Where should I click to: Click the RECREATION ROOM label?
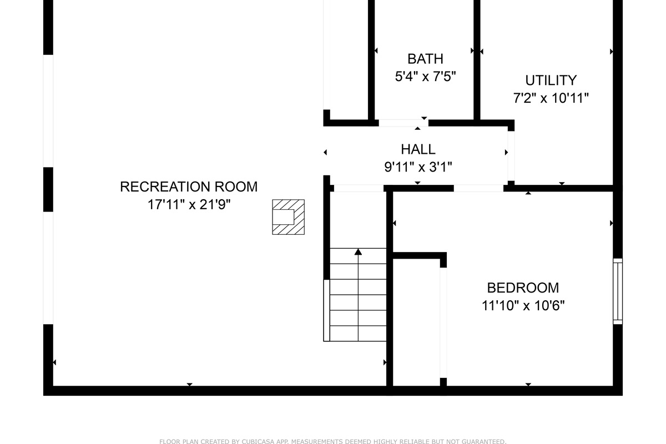189,187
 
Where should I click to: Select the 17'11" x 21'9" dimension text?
189,205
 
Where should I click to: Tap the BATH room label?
425,59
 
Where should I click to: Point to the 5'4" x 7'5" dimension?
425,77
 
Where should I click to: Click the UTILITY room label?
551,80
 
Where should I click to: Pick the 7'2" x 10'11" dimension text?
551,98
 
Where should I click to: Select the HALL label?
418,149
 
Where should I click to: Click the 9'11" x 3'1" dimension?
418,167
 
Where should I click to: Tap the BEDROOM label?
523,288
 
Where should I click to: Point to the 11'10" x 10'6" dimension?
523,306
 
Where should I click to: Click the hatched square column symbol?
288,217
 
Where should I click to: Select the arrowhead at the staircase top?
358,252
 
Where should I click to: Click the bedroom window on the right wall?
617,291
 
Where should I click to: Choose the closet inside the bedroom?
416,322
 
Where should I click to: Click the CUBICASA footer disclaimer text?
332,442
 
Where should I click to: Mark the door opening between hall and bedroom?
478,188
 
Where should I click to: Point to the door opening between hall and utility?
511,156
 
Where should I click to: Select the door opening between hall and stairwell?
359,188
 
